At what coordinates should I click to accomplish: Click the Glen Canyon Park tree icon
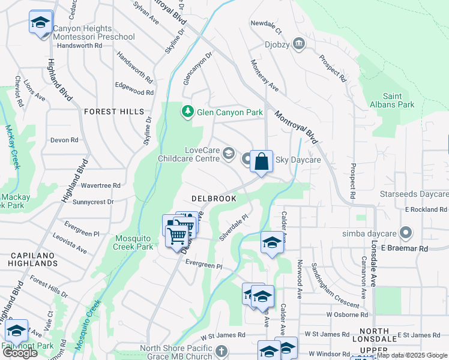[x=188, y=112]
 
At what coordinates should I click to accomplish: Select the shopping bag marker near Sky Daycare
[x=261, y=161]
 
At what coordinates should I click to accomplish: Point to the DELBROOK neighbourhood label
[x=213, y=198]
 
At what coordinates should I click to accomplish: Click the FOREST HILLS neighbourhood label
[x=114, y=112]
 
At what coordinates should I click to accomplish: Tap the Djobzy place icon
[x=299, y=44]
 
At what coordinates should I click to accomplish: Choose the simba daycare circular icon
[x=406, y=233]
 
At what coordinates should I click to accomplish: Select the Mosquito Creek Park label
[x=134, y=242]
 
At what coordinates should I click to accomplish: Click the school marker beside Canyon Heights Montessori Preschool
[x=41, y=23]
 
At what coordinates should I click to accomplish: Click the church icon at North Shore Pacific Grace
[x=221, y=350]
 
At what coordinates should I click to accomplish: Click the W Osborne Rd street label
[x=347, y=314]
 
